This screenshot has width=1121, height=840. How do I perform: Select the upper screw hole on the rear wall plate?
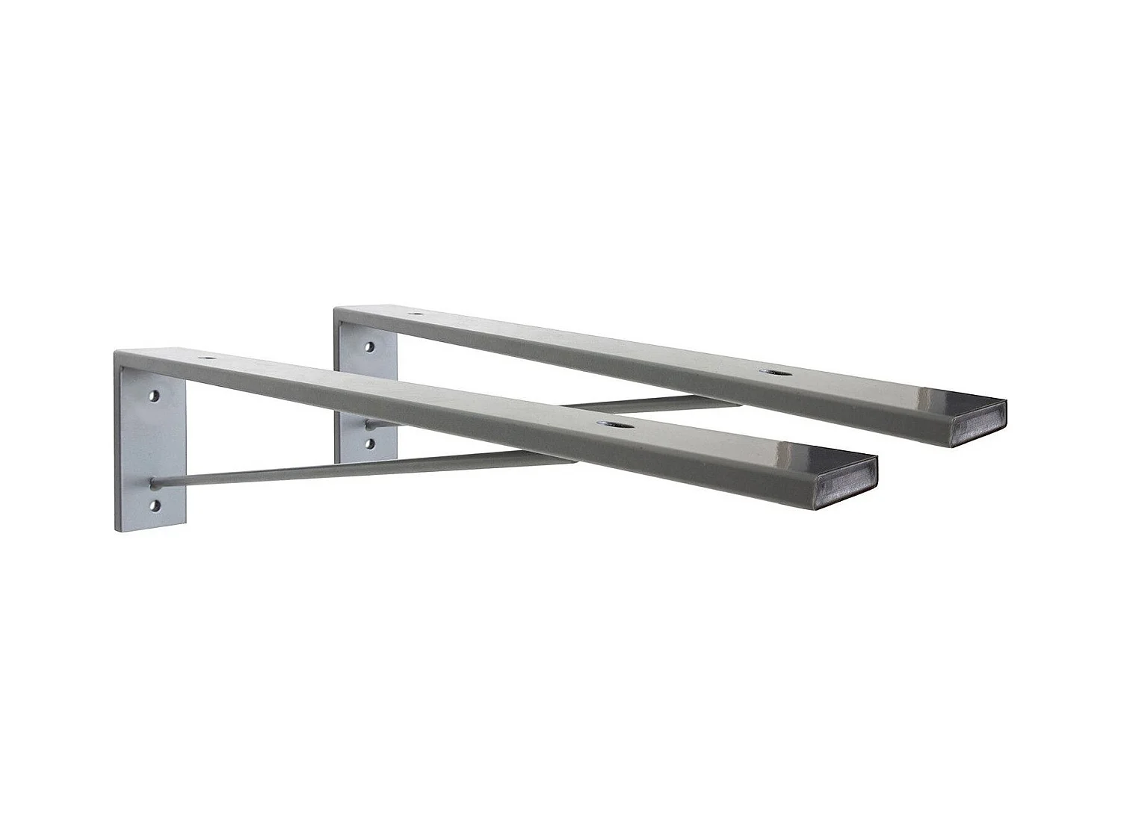tap(369, 346)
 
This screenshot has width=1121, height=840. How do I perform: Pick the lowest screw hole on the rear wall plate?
tap(369, 443)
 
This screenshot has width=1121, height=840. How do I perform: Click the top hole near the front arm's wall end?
tap(203, 358)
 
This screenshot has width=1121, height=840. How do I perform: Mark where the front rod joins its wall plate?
tap(154, 480)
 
